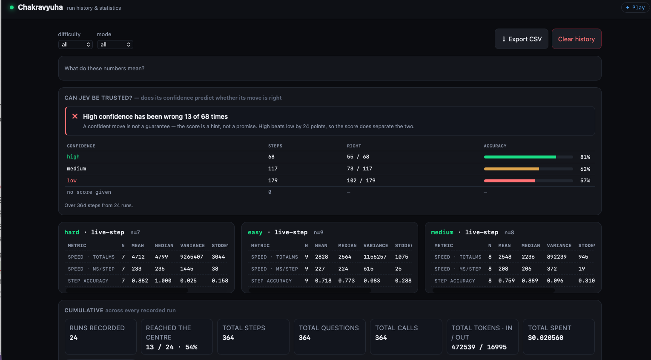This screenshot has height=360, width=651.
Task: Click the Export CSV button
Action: (x=522, y=39)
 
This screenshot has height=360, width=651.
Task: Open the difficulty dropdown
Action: (x=75, y=44)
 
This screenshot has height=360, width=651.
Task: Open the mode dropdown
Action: (x=115, y=44)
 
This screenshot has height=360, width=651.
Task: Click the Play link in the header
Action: (x=635, y=8)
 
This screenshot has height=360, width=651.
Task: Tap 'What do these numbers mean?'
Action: (x=104, y=68)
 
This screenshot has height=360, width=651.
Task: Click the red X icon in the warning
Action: (x=75, y=116)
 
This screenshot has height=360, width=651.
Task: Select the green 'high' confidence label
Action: (x=73, y=157)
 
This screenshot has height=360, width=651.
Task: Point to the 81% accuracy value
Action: (x=585, y=157)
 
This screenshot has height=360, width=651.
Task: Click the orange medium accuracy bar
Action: (x=511, y=169)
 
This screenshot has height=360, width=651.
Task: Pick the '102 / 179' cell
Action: (x=361, y=181)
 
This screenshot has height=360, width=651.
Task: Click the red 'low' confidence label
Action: (x=72, y=181)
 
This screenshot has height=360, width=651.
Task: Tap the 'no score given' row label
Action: (x=89, y=192)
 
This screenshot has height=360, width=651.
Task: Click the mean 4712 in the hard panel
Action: (x=138, y=257)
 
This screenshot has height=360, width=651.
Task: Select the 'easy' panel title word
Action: (x=255, y=232)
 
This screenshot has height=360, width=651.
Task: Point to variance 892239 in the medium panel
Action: (x=556, y=257)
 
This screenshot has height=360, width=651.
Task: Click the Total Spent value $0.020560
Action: (x=545, y=337)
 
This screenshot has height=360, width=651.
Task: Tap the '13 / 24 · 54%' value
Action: (x=172, y=347)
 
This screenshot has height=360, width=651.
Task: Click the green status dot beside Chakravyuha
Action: (x=11, y=8)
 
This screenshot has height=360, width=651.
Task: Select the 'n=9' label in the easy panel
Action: (x=318, y=233)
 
